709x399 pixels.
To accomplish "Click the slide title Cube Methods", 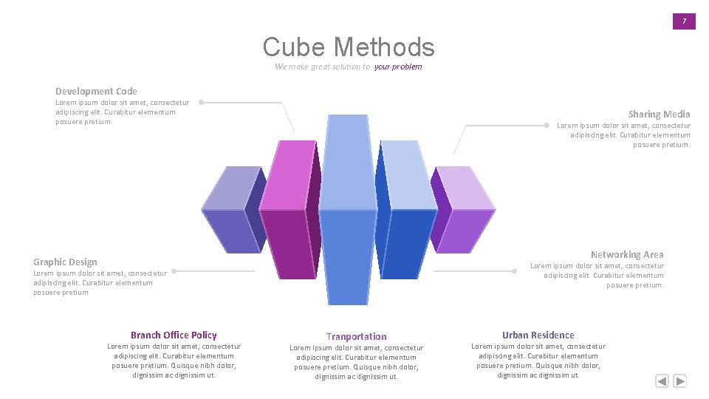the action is point(349,47).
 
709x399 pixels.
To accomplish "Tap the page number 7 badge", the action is point(684,21).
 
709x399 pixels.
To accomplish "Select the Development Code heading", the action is point(96,91).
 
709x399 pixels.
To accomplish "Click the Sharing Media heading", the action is point(659,114).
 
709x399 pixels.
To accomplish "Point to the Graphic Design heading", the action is point(65,262).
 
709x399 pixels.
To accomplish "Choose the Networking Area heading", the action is point(627,254).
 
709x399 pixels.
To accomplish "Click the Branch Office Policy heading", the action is point(174,335).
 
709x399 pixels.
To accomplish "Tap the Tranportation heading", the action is point(356,336).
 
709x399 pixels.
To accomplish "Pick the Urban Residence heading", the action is point(538,335).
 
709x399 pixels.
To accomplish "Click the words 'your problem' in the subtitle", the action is point(398,66).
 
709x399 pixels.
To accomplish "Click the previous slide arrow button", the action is point(662,381).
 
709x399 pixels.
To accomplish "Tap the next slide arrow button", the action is point(680,381).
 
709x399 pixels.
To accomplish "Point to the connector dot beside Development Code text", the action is point(201,103).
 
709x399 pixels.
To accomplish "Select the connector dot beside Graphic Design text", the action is point(174,271).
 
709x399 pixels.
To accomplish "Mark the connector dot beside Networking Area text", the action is point(514,271).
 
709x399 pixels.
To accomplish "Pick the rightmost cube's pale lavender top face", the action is point(464,188).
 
